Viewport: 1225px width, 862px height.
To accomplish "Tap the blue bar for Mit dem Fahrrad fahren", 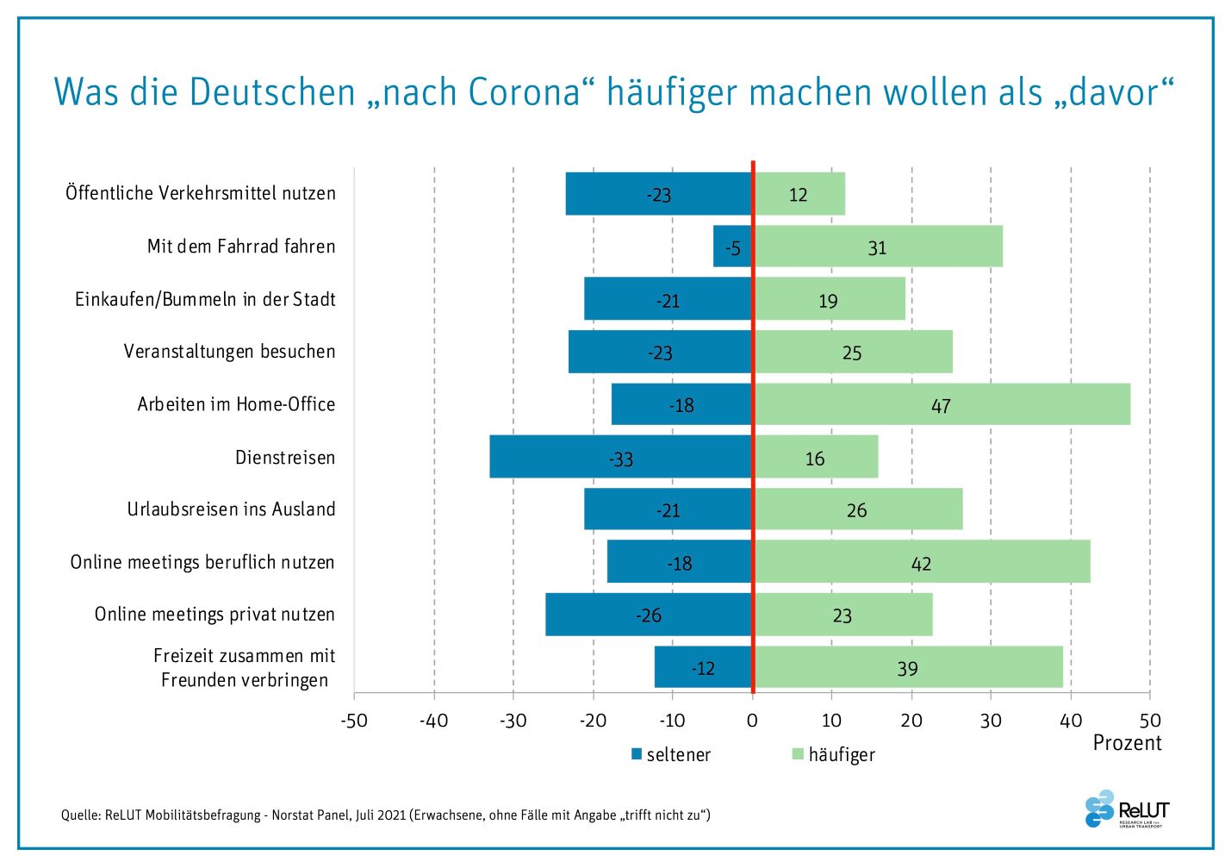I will coord(732,247).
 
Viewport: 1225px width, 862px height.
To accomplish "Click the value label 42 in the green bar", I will coord(921,564).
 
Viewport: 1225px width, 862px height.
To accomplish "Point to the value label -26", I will coord(649,615).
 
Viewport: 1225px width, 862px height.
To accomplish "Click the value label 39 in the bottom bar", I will coord(907,668).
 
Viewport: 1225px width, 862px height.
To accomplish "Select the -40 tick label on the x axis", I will coord(433,721).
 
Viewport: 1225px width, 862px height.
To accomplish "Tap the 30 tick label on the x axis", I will coord(991,721).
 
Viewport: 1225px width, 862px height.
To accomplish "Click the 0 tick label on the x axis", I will coord(752,721).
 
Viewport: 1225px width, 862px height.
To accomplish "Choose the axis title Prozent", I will coord(1127,743).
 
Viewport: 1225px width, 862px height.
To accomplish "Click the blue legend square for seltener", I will coord(637,754).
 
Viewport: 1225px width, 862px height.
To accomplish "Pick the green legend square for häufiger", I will coord(798,754).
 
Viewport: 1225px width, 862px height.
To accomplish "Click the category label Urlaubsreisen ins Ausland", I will coord(231,509).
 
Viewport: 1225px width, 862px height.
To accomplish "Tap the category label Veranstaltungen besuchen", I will coord(229,352).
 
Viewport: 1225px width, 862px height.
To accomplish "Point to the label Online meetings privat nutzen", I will coord(215,615).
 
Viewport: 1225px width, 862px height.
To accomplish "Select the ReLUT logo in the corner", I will coord(1126,810).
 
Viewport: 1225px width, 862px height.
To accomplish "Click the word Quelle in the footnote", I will coord(80,815).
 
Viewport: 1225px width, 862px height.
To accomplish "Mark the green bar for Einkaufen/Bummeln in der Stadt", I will coord(830,299).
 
